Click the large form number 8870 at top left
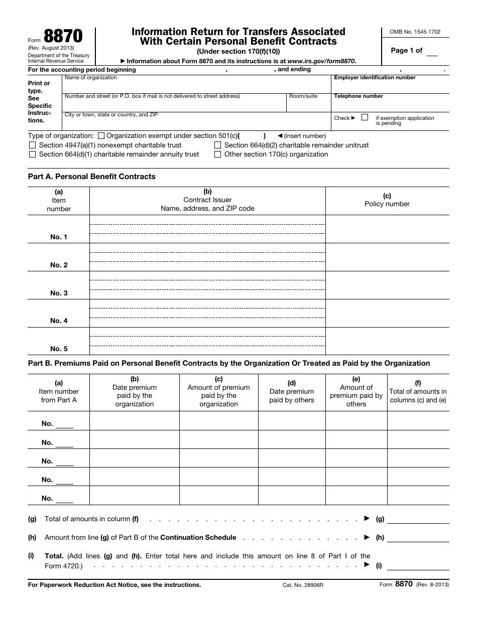(63, 37)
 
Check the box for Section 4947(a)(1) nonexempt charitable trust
(33, 145)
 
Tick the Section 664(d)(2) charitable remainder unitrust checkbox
(218, 145)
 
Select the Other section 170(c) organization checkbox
(218, 155)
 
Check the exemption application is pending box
(365, 117)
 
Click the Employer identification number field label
(375, 78)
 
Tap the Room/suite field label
(303, 96)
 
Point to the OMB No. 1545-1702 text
(415, 32)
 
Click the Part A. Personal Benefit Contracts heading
(91, 177)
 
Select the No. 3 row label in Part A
(59, 293)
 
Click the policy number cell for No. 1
(387, 229)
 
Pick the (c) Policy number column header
(387, 200)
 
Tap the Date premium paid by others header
(291, 392)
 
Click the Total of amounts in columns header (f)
(418, 392)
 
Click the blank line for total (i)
(418, 565)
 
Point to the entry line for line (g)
(418, 519)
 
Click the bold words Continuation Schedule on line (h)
(198, 537)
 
